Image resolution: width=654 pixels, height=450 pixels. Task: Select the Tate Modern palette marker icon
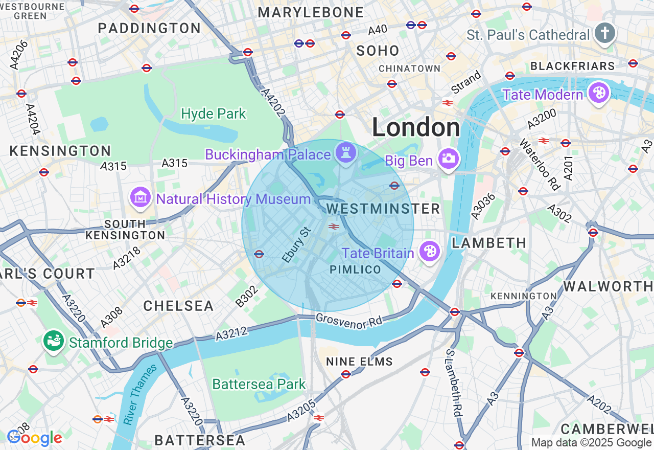pos(597,93)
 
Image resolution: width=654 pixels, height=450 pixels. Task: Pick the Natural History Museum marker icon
pos(141,197)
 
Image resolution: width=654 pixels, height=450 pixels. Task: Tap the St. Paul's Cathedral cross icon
pos(604,33)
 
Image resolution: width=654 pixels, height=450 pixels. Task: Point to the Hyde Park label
pos(214,114)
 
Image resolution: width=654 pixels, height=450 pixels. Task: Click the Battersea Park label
pos(259,384)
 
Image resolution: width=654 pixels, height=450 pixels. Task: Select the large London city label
pos(416,127)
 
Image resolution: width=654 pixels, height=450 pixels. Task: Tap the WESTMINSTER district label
pos(383,209)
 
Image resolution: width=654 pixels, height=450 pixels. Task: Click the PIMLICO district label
pos(355,269)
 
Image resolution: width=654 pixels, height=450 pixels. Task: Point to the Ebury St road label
pos(296,245)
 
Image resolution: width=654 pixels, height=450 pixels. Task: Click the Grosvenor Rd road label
pos(349,321)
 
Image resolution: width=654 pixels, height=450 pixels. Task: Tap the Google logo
pos(35,438)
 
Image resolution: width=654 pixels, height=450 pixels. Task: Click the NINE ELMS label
pos(360,362)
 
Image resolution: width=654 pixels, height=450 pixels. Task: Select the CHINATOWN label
pos(409,69)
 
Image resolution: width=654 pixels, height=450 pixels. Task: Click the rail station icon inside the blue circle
pos(334,227)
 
